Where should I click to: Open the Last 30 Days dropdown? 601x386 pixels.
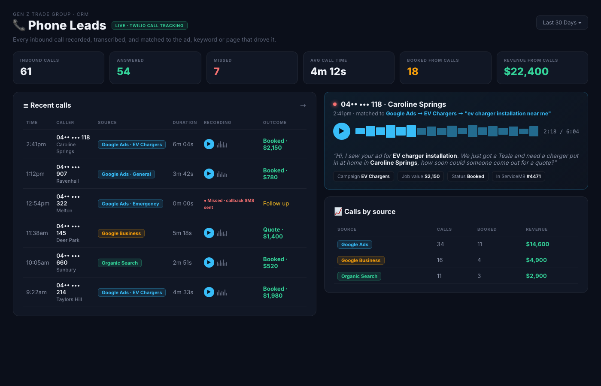point(562,22)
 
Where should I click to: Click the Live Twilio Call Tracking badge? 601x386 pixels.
point(149,25)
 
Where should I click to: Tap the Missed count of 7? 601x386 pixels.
point(216,71)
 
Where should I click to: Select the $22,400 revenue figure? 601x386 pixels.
point(526,71)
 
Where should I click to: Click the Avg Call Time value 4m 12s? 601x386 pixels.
point(328,71)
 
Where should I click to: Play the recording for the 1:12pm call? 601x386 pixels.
point(209,174)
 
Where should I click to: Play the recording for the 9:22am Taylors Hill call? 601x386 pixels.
point(209,292)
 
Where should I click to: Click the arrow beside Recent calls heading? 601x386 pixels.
point(303,106)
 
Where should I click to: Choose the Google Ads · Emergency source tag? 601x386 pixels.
point(131,204)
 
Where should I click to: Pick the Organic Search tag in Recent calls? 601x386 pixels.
point(120,263)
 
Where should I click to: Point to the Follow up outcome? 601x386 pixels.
point(276,203)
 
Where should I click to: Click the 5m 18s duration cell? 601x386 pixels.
point(182,233)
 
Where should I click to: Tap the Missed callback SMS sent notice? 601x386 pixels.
point(229,204)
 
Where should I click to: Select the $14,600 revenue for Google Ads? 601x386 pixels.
point(537,244)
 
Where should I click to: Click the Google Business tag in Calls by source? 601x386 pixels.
point(361,260)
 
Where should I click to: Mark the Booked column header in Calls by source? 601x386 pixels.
point(487,229)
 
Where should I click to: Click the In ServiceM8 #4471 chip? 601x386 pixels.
point(519,176)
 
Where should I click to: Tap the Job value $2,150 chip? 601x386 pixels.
point(421,176)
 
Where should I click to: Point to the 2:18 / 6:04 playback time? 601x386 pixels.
point(561,132)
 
